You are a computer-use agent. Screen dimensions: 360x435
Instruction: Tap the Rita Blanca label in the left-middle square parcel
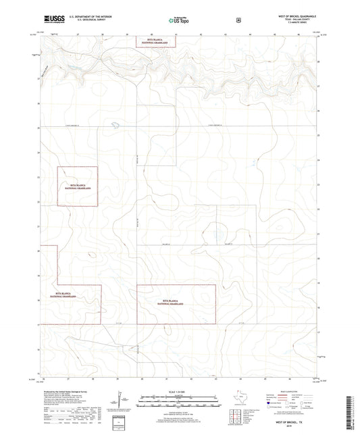(x=76, y=186)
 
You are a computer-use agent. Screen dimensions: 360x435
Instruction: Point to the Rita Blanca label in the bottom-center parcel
(x=172, y=302)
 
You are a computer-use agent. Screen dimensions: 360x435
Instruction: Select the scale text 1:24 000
(x=179, y=392)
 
